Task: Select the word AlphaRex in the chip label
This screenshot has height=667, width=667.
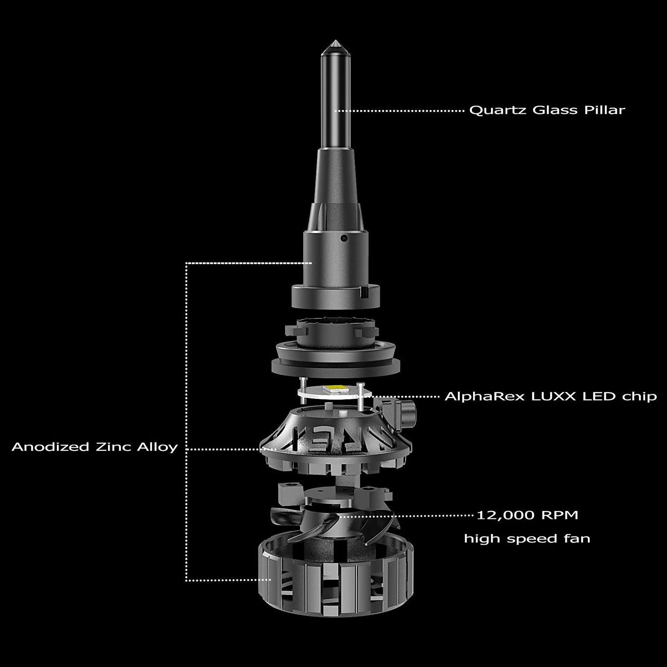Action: pyautogui.click(x=485, y=396)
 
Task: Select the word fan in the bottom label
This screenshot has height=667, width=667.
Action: pyautogui.click(x=577, y=538)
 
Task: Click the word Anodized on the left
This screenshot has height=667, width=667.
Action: pyautogui.click(x=50, y=447)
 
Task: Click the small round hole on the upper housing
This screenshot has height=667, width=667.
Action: pyautogui.click(x=343, y=239)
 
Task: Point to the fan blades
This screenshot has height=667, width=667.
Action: pyautogui.click(x=333, y=527)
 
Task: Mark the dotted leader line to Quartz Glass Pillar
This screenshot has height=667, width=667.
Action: pyautogui.click(x=400, y=110)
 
